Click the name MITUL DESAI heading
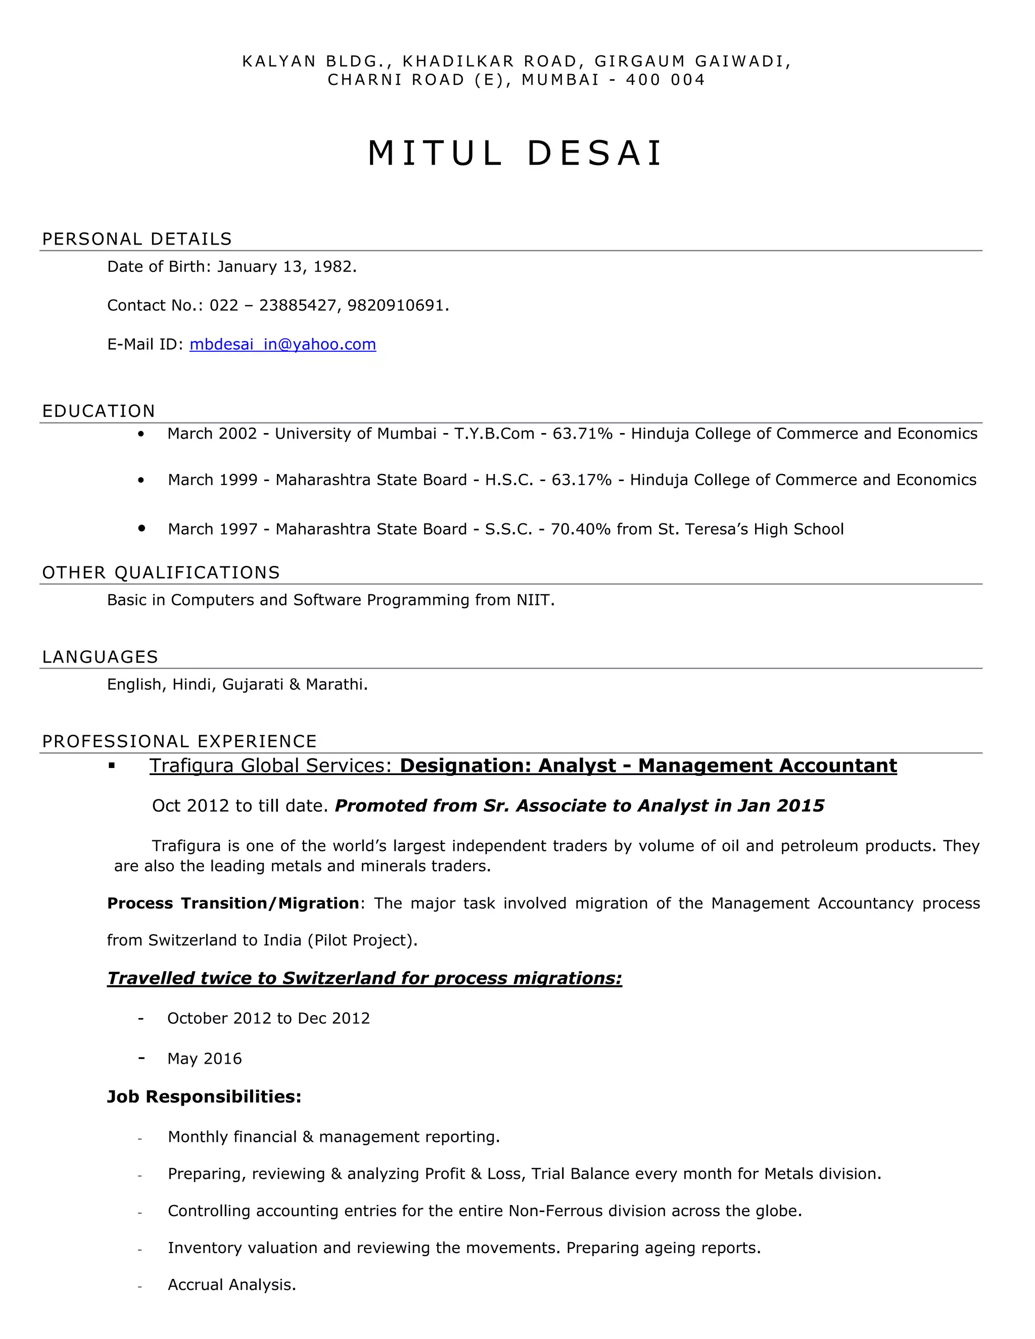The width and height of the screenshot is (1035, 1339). (x=515, y=153)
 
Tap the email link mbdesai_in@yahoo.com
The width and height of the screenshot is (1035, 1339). (x=283, y=345)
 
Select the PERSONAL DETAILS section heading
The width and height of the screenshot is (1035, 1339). (x=137, y=239)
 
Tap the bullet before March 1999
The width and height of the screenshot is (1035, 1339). (x=142, y=481)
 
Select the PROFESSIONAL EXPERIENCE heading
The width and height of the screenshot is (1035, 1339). (x=179, y=742)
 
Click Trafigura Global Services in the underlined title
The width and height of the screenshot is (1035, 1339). (x=270, y=766)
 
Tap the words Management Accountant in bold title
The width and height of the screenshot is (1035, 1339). (x=767, y=766)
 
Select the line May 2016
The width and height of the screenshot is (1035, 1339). (x=204, y=1059)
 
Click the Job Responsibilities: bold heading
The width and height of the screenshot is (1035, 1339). (x=204, y=1097)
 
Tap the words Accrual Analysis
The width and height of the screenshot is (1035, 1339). (x=232, y=1285)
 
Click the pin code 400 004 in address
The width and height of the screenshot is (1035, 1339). (x=665, y=80)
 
